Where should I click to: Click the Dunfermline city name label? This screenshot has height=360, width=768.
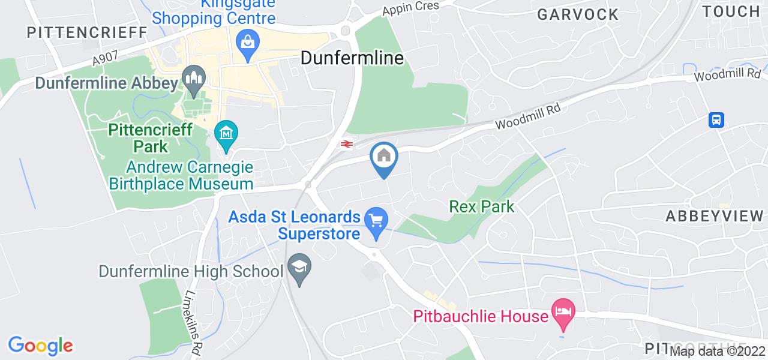352,58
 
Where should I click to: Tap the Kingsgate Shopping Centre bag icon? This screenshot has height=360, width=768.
247,41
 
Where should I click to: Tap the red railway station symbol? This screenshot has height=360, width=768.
346,143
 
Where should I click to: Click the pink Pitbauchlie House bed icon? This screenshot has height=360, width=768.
563,311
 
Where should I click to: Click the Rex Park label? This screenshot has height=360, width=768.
482,207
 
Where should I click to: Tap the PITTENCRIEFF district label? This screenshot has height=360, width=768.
87,32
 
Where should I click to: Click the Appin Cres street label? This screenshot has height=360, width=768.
412,7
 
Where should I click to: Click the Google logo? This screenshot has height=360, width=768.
40,346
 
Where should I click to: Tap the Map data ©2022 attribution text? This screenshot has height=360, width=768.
718,352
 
